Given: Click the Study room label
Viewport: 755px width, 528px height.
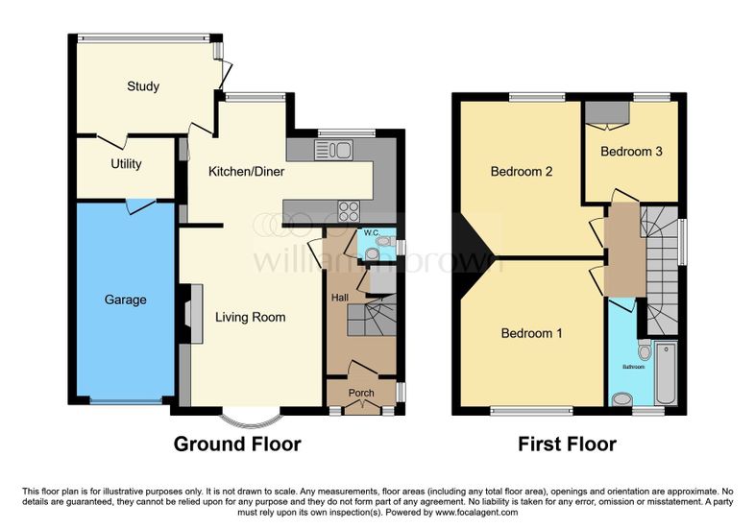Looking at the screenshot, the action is (x=143, y=86).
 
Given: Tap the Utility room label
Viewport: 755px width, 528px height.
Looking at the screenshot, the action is (x=126, y=164).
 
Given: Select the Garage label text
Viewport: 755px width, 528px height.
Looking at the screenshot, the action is (x=125, y=300).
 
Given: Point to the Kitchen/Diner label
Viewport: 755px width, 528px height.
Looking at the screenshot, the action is (x=246, y=171).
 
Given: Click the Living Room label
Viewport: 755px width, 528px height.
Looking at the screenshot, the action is (x=251, y=317).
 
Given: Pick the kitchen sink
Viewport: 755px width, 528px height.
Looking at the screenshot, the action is (x=333, y=150).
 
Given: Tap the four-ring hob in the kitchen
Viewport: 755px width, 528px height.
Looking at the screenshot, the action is (x=349, y=211).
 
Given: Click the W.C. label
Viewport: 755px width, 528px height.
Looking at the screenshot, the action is (x=372, y=233).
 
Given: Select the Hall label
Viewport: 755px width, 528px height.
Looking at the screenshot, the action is (x=340, y=298).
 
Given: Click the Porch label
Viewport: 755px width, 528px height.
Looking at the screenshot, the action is (x=361, y=394).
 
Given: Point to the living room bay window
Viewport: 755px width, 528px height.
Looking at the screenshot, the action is (x=251, y=421).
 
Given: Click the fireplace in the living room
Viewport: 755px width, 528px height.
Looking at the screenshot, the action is (x=193, y=314).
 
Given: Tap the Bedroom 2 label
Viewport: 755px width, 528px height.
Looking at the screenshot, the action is (x=522, y=172).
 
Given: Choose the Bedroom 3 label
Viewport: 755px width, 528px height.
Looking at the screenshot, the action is (x=631, y=152).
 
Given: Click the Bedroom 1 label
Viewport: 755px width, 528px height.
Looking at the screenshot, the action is (x=531, y=333).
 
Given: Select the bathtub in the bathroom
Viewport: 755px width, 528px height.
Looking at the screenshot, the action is (x=667, y=373).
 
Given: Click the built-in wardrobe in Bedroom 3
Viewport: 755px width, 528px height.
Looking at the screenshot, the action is (x=608, y=112).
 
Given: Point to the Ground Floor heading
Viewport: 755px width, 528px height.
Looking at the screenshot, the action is (x=237, y=444).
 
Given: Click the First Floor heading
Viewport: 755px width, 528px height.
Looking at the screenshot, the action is (x=568, y=444).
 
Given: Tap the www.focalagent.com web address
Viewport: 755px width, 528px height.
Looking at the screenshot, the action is (x=476, y=513).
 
